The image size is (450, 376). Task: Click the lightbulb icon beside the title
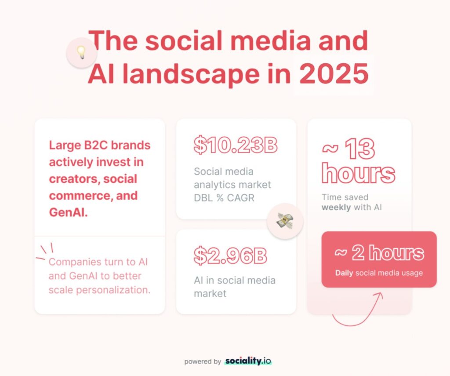81,53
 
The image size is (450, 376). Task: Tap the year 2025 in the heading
334,75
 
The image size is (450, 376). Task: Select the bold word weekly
336,207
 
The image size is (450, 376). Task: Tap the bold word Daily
344,273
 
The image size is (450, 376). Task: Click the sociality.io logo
248,361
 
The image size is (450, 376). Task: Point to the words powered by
203,361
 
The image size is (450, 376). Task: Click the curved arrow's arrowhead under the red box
378,295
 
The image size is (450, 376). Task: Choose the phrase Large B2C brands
100,145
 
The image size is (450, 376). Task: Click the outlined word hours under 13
358,174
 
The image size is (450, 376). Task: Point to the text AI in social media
235,280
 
